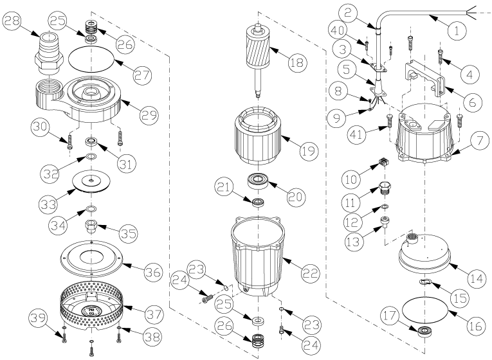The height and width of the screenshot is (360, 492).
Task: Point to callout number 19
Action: (309, 150)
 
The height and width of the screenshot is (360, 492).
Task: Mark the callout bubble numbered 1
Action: (457, 31)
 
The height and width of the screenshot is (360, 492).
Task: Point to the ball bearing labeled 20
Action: (258, 182)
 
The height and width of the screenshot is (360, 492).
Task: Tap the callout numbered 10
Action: (351, 179)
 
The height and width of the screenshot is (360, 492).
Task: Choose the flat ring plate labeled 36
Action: (91, 258)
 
